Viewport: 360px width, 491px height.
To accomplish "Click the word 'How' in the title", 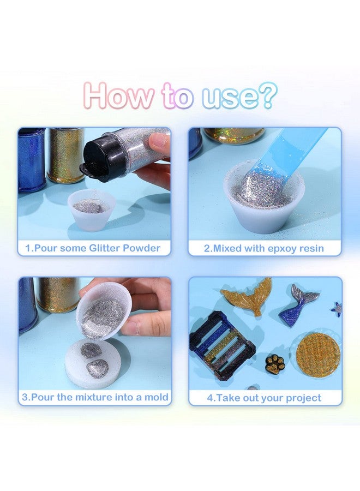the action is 118,95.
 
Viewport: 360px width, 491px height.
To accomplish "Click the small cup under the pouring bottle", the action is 91,210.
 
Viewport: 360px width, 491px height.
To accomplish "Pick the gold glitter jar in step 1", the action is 65,155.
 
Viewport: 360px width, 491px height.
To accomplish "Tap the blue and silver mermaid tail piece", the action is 297,306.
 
